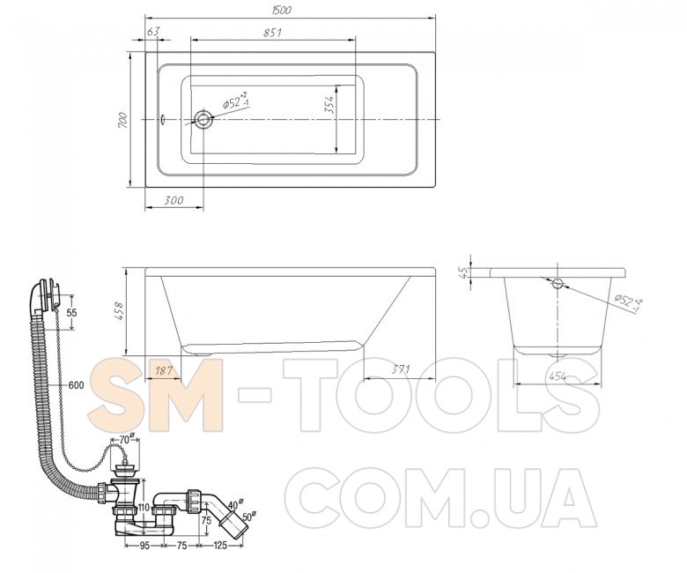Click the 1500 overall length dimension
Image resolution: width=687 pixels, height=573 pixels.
click(x=281, y=10)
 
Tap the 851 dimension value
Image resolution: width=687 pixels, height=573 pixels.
click(x=272, y=33)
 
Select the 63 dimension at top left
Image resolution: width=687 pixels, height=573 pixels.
click(x=153, y=32)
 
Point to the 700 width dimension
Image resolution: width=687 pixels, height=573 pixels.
click(x=122, y=120)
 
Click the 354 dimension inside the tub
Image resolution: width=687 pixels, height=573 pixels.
click(x=329, y=105)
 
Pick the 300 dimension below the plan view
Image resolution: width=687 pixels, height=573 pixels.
click(x=174, y=200)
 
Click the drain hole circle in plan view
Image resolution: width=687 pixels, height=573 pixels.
click(x=203, y=118)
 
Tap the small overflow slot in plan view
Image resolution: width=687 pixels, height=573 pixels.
click(x=162, y=119)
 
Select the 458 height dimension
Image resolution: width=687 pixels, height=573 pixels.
click(x=120, y=310)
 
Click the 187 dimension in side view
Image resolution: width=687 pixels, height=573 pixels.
click(x=163, y=371)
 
